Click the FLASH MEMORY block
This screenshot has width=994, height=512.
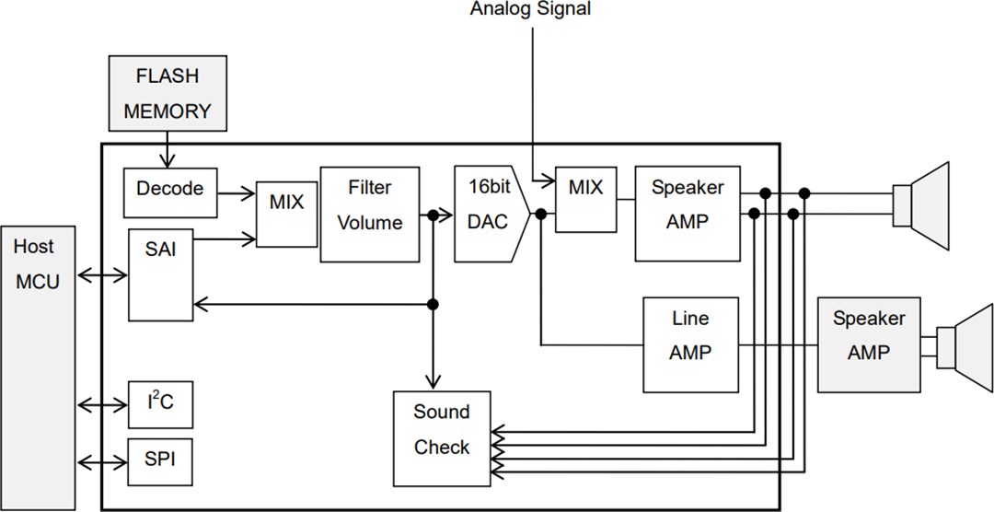pos(167,93)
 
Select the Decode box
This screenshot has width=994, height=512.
pos(169,189)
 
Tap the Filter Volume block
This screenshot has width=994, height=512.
pos(369,215)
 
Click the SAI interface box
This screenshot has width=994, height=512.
pos(162,273)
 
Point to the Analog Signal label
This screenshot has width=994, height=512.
pos(531,10)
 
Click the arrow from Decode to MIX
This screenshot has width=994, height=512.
pos(237,193)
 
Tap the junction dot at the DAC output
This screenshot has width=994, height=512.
pos(541,215)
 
